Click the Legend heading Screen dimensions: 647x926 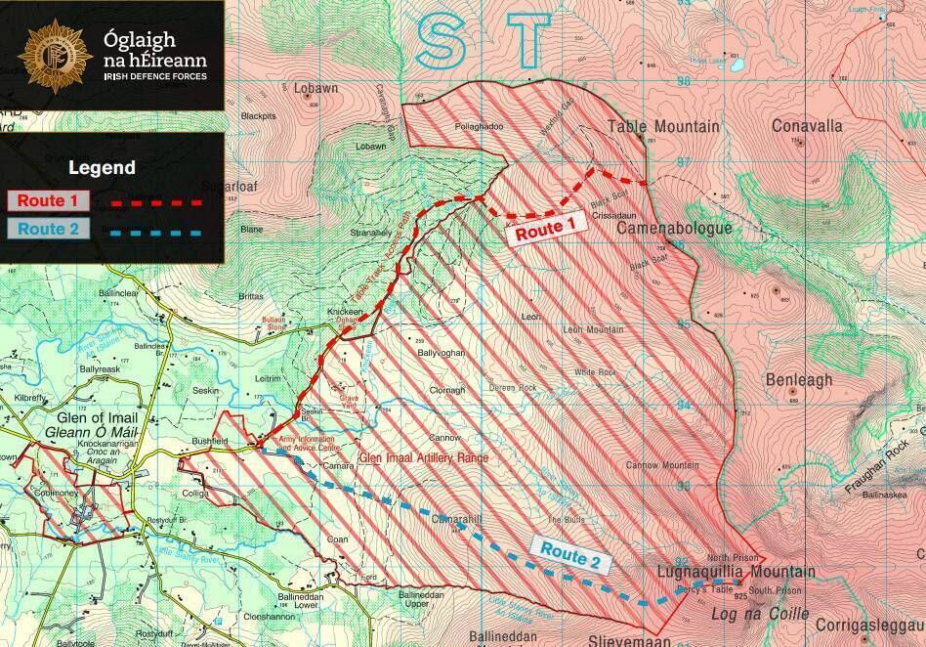tap(102, 168)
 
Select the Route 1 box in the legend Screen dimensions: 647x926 tap(49, 200)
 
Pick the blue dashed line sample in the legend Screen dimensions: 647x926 tap(156, 232)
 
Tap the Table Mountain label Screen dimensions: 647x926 tap(663, 126)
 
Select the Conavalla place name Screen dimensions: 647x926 tap(806, 126)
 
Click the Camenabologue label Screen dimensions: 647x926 tap(674, 228)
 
